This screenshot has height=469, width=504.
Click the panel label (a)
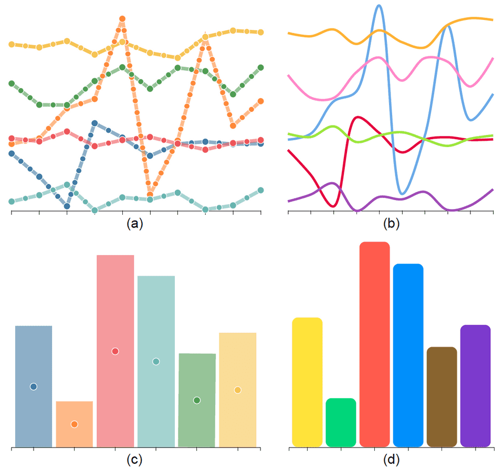coord(134,224)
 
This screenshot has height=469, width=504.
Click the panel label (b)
coord(391,224)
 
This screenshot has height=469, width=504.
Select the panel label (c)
coord(134,460)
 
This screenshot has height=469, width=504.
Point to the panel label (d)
coord(391,460)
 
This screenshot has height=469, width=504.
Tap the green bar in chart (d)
coord(341,422)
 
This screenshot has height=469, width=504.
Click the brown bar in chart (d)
coord(442,397)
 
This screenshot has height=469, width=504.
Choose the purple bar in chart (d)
coord(475,385)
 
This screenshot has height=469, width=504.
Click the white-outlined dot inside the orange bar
coord(74,424)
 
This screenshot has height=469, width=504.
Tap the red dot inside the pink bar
coord(115,351)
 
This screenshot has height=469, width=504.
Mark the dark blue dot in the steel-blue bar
coord(34,387)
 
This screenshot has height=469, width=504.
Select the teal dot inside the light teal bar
coord(156,361)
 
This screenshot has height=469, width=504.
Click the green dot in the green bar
coord(197,400)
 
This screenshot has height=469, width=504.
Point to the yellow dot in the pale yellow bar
coord(238,390)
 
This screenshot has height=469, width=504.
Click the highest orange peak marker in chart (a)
coord(122,19)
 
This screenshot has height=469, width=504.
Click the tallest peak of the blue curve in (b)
coord(379,6)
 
